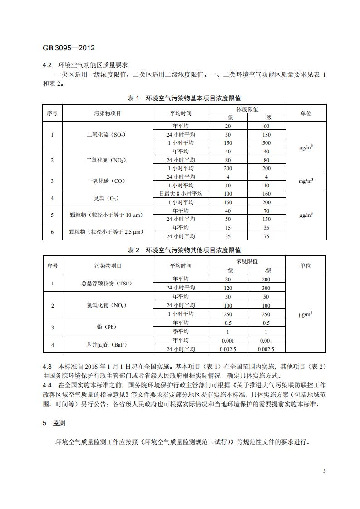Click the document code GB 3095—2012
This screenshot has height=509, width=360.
click(x=69, y=48)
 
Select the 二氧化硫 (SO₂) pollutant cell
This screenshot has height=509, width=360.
click(x=108, y=135)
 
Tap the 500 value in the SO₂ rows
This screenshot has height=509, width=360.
click(x=266, y=143)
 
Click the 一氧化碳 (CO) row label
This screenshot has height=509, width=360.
click(x=108, y=181)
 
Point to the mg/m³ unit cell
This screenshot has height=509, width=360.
click(x=306, y=181)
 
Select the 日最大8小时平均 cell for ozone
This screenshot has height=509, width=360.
click(x=180, y=194)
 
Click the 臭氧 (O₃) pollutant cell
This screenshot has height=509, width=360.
click(x=108, y=198)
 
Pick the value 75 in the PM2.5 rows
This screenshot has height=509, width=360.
click(x=266, y=236)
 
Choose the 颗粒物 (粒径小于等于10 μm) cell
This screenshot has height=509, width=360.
click(x=108, y=215)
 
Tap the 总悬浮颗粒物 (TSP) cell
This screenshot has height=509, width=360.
click(x=108, y=284)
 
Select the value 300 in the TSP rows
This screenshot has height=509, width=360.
click(x=266, y=288)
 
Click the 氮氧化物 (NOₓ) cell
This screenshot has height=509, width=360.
click(x=108, y=305)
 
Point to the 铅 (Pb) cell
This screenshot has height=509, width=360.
click(x=108, y=327)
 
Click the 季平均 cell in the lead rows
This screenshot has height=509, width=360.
click(x=180, y=332)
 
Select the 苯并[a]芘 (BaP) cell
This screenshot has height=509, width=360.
click(x=108, y=345)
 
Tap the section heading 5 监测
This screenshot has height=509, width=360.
click(x=54, y=422)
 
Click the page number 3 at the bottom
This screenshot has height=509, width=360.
click(x=324, y=471)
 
